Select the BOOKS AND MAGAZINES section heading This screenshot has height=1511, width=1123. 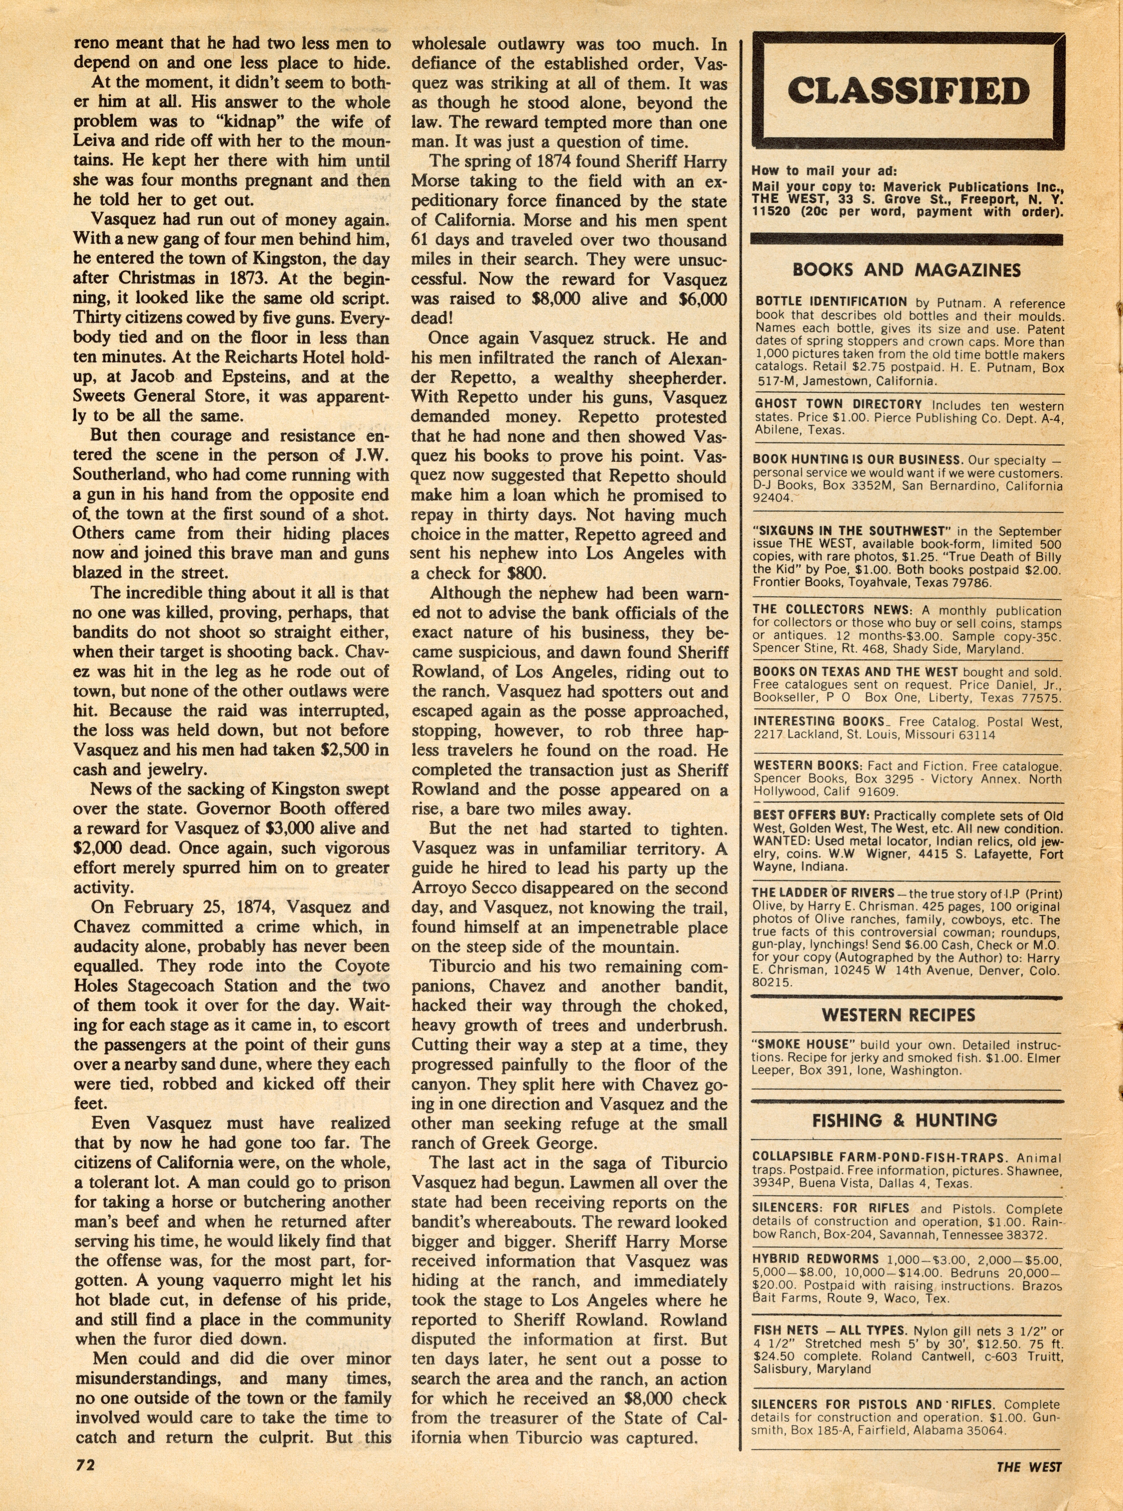(906, 270)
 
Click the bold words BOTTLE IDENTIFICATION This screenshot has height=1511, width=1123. (831, 302)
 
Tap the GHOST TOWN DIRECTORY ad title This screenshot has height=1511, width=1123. (838, 404)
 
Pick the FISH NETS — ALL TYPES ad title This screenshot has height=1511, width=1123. (829, 1331)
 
